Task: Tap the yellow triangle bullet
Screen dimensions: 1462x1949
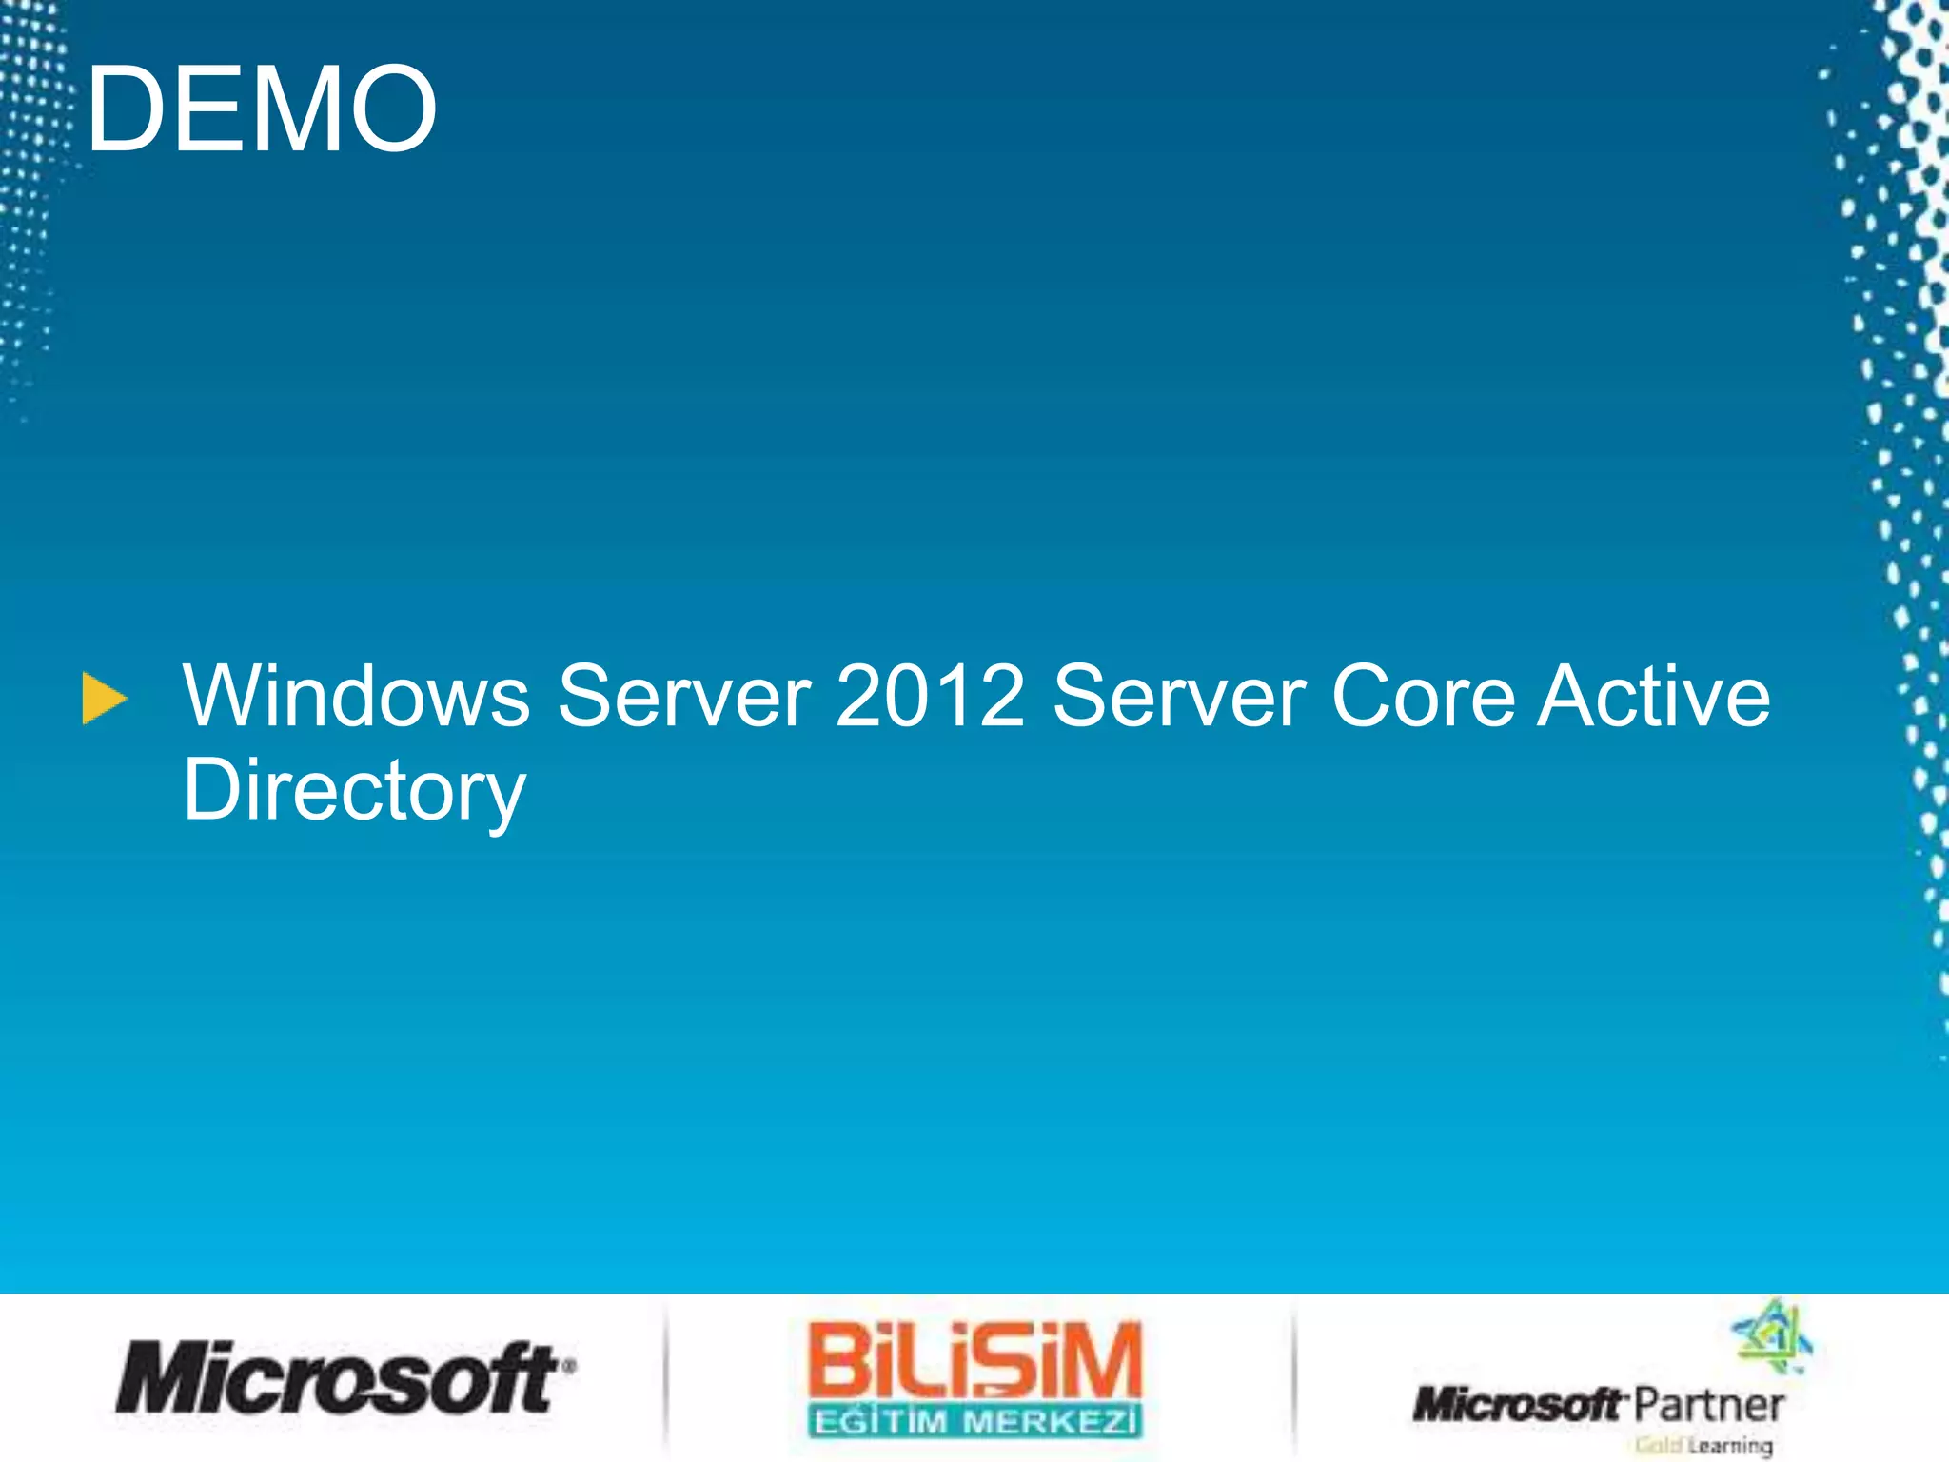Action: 104,700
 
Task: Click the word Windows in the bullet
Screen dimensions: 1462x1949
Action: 356,696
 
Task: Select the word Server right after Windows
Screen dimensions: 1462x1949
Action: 684,696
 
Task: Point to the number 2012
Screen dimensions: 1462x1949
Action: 931,696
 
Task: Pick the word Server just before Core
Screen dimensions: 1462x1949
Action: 1179,696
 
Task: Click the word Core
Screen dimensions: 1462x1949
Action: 1423,696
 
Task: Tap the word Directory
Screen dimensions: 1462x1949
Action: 354,791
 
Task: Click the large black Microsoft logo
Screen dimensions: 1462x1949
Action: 337,1377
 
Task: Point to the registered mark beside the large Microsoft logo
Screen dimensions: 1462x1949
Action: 568,1365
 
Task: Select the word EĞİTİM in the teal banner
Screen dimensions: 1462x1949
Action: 880,1422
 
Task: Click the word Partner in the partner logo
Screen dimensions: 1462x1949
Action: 1708,1405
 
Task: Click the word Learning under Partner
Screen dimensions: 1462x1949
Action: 1729,1446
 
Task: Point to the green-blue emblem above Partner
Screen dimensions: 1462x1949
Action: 1771,1335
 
